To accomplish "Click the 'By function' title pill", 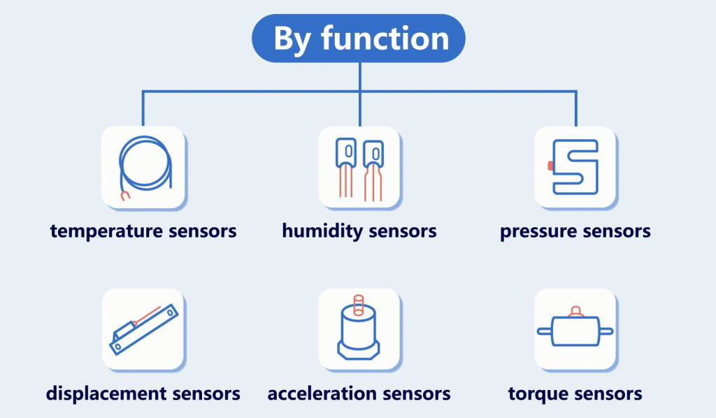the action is pos(359,38).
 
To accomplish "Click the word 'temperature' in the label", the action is pos(106,231).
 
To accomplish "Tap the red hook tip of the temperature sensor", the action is pos(125,196).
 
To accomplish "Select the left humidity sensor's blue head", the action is pos(345,152).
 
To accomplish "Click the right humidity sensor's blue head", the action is pos(373,154).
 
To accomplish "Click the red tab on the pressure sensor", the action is pos(550,166).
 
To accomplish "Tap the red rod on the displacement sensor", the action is pos(147,315).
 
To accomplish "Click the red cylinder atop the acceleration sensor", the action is pos(359,305).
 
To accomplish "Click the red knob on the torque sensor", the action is pos(576,312).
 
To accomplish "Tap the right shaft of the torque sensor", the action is pos(606,331).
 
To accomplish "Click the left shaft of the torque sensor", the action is pos(545,331).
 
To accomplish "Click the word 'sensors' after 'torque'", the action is pos(606,394).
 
